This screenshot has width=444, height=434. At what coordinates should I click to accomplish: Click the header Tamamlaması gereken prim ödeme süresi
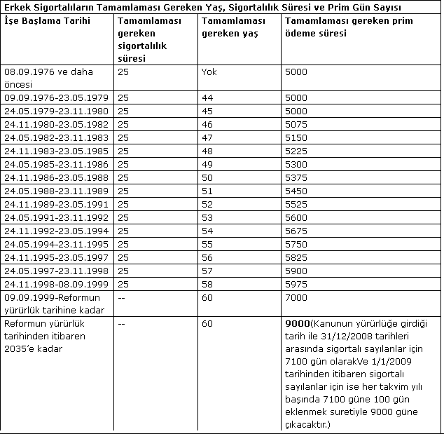tap(348, 27)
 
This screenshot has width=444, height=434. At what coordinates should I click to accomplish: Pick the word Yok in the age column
tap(209, 72)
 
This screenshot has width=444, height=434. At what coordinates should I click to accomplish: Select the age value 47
tap(207, 138)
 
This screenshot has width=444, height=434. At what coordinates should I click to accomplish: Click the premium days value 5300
tap(296, 165)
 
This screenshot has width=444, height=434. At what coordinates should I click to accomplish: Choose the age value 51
tap(207, 191)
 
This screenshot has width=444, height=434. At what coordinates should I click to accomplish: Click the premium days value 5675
tap(296, 231)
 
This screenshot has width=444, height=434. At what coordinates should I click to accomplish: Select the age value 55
tap(207, 245)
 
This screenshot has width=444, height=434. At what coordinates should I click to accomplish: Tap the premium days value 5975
tap(296, 285)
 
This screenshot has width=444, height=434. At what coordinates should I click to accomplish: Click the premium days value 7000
tap(296, 298)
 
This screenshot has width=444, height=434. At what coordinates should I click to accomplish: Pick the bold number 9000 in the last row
tap(298, 325)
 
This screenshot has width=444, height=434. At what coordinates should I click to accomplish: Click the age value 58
tap(207, 285)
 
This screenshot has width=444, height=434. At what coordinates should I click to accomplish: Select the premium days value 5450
tap(296, 191)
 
